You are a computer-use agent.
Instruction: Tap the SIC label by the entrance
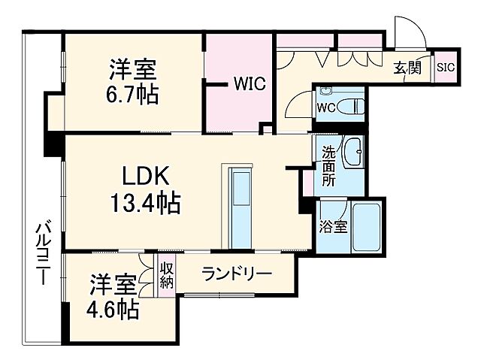pyautogui.click(x=446, y=67)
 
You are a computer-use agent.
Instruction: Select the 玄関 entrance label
pyautogui.click(x=407, y=68)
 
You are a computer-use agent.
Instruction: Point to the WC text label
pyautogui.click(x=325, y=107)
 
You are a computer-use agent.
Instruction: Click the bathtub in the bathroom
pyautogui.click(x=368, y=225)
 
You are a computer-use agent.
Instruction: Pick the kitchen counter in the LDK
pyautogui.click(x=242, y=204)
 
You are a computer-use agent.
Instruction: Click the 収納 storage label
pyautogui.click(x=166, y=275)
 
